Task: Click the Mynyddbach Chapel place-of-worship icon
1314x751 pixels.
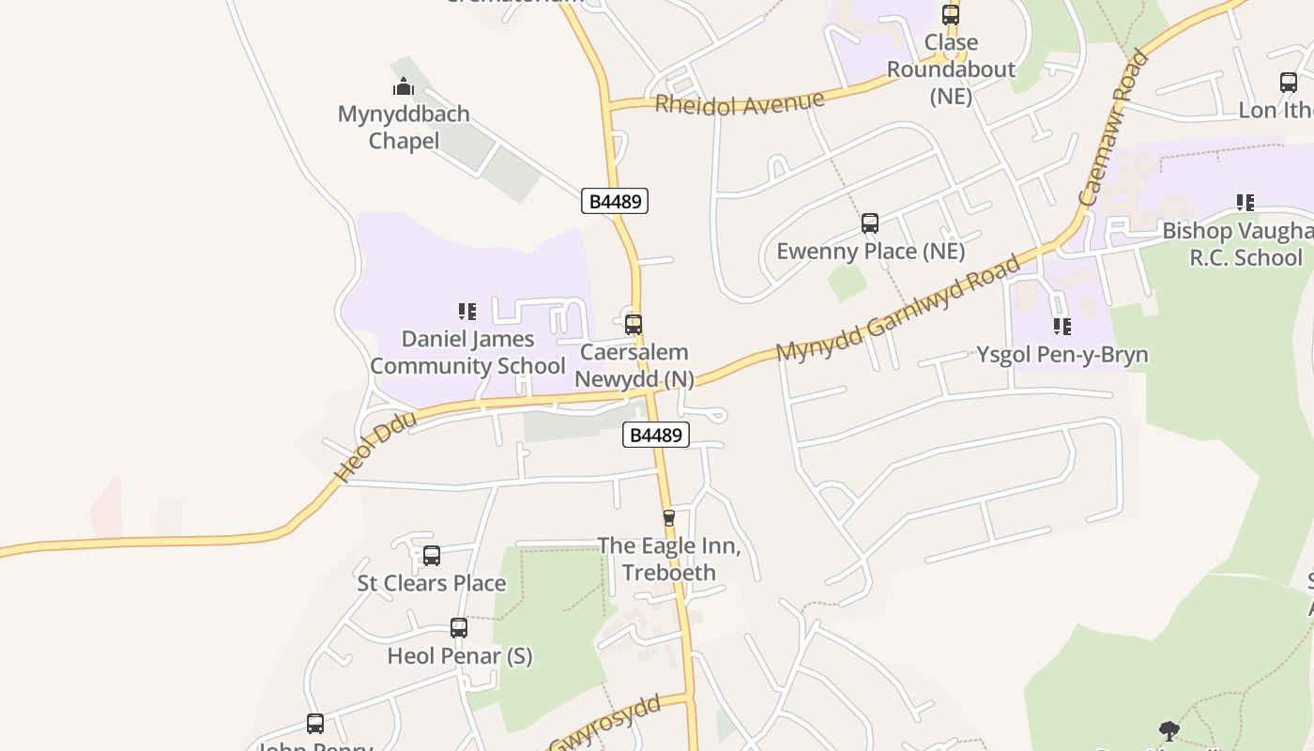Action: pyautogui.click(x=404, y=87)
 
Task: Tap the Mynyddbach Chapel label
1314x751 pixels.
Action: pyautogui.click(x=404, y=128)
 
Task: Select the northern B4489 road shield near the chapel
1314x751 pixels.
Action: pyautogui.click(x=615, y=201)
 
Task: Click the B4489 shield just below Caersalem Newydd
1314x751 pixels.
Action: pyautogui.click(x=656, y=435)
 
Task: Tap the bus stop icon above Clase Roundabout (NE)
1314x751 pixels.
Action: pyautogui.click(x=951, y=15)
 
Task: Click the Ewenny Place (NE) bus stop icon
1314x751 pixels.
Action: pyautogui.click(x=870, y=223)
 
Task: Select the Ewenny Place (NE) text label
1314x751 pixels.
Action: pyautogui.click(x=870, y=252)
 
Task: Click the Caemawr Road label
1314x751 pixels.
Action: pyautogui.click(x=1114, y=129)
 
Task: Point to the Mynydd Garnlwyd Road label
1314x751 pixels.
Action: pyautogui.click(x=898, y=307)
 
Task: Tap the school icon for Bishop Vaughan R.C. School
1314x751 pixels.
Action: pyautogui.click(x=1245, y=203)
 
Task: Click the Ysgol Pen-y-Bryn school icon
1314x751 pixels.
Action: pyautogui.click(x=1062, y=327)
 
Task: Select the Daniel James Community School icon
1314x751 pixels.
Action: pyautogui.click(x=467, y=312)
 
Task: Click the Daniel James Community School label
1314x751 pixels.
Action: pyautogui.click(x=467, y=352)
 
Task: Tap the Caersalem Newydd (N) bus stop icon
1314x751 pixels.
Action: pyautogui.click(x=634, y=325)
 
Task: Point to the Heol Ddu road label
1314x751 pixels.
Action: pyautogui.click(x=375, y=451)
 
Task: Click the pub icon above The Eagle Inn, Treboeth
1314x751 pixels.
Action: pyautogui.click(x=669, y=517)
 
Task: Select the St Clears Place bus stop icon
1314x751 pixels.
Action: pyautogui.click(x=432, y=556)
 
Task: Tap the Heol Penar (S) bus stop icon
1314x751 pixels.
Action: pyautogui.click(x=459, y=628)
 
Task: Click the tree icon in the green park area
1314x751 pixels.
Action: pyautogui.click(x=1169, y=730)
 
